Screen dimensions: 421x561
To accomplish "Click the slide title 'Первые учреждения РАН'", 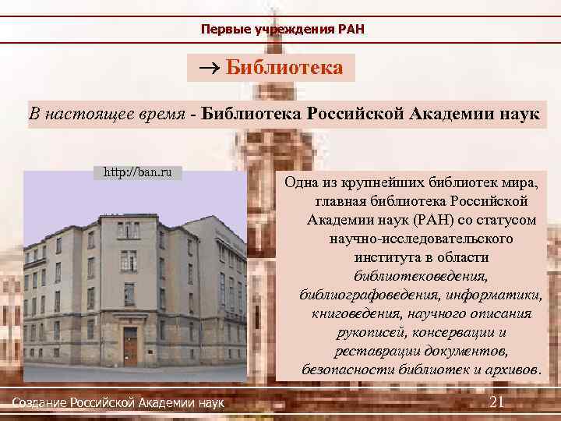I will (282, 30).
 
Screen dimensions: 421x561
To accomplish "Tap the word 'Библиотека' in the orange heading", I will (284, 68).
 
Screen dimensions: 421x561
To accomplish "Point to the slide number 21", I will (496, 402).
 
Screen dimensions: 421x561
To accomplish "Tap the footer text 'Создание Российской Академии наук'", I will (118, 402).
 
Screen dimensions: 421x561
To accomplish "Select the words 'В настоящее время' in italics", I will (107, 115).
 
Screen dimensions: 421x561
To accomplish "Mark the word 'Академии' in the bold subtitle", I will (453, 115).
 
